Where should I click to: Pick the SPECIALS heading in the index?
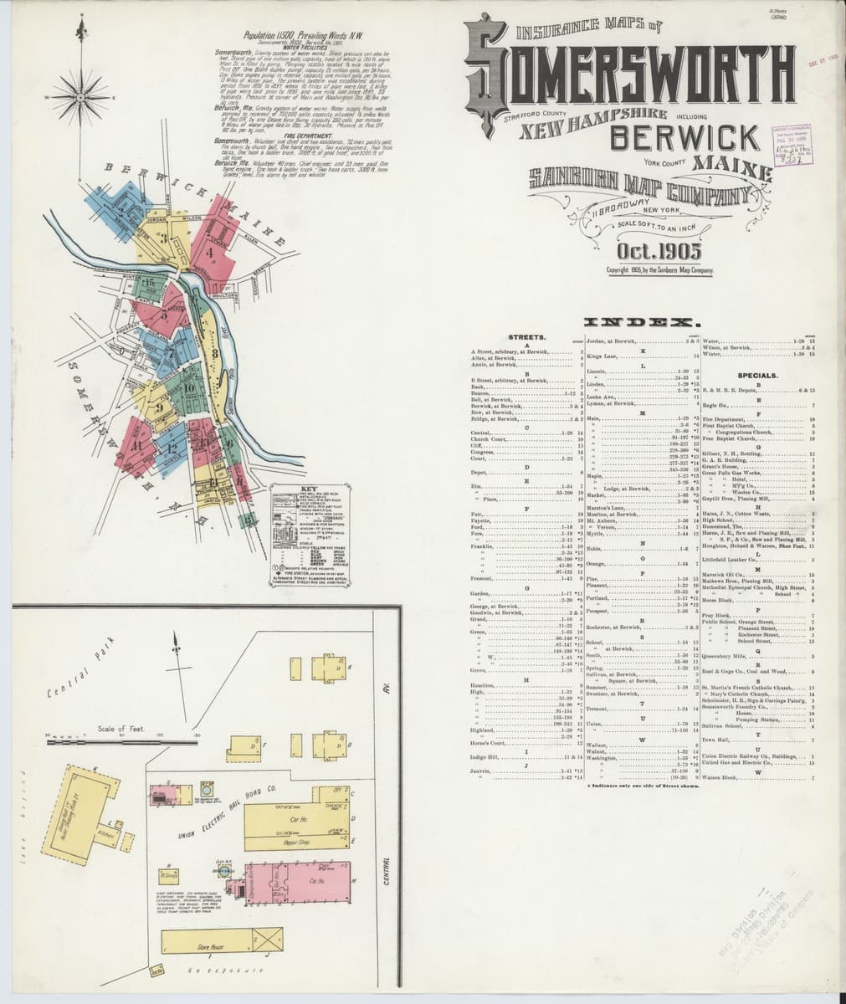[758, 376]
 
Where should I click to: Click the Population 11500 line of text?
[290, 37]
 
